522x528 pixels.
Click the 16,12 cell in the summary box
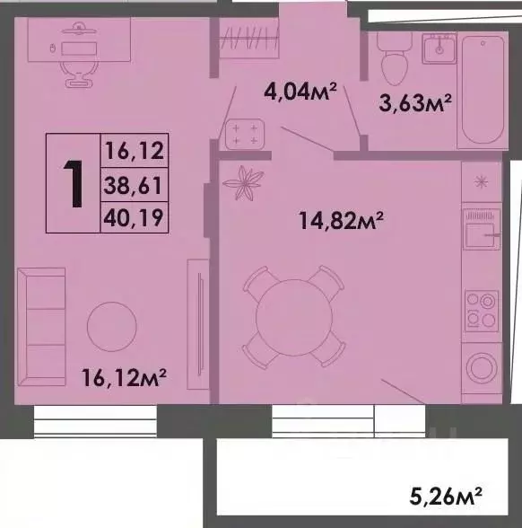coord(135,152)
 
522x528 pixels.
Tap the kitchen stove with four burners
coord(483,310)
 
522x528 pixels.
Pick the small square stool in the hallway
coord(243,135)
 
